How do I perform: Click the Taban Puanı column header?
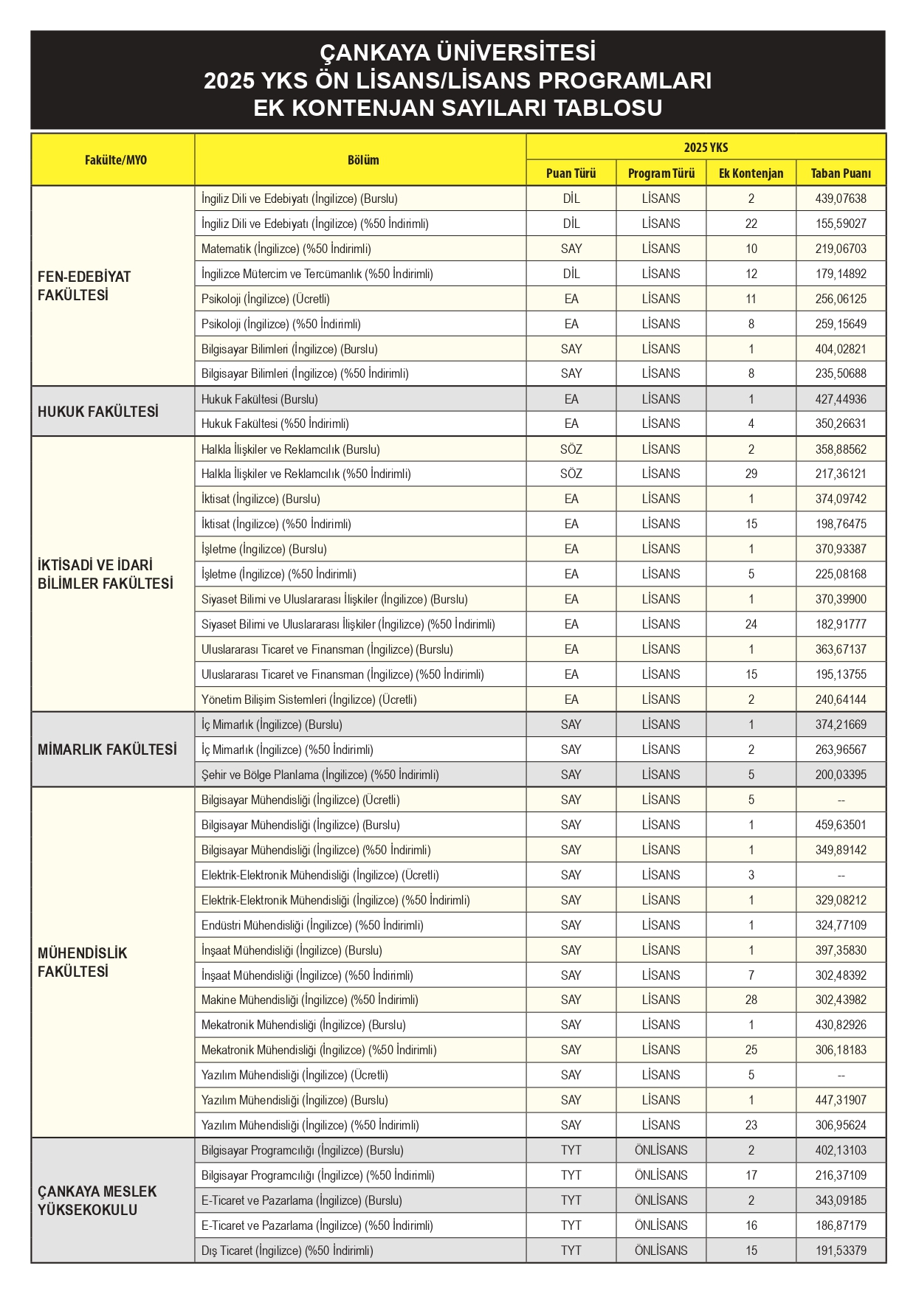pyautogui.click(x=840, y=173)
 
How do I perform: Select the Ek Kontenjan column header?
pyautogui.click(x=751, y=173)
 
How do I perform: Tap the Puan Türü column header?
pyautogui.click(x=571, y=173)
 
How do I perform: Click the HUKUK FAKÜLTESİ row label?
pyautogui.click(x=98, y=412)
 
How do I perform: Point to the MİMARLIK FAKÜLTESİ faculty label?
pyautogui.click(x=107, y=750)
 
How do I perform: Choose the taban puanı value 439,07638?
pyautogui.click(x=841, y=198)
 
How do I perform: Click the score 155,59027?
pyautogui.click(x=841, y=224)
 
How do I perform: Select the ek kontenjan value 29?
pyautogui.click(x=751, y=474)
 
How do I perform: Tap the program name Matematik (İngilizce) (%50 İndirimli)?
pyautogui.click(x=286, y=249)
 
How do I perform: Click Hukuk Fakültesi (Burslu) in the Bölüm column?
pyautogui.click(x=260, y=399)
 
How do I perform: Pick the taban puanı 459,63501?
pyautogui.click(x=841, y=825)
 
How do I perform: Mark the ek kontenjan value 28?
pyautogui.click(x=751, y=1000)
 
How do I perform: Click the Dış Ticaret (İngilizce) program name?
pyautogui.click(x=287, y=1250)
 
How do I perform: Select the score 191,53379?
pyautogui.click(x=841, y=1250)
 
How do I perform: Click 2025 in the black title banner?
pyautogui.click(x=229, y=80)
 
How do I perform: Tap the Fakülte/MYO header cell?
pyautogui.click(x=115, y=160)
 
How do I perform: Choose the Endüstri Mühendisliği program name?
pyautogui.click(x=312, y=925)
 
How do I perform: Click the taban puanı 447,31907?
pyautogui.click(x=841, y=1100)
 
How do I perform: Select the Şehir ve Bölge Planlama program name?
pyautogui.click(x=320, y=775)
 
